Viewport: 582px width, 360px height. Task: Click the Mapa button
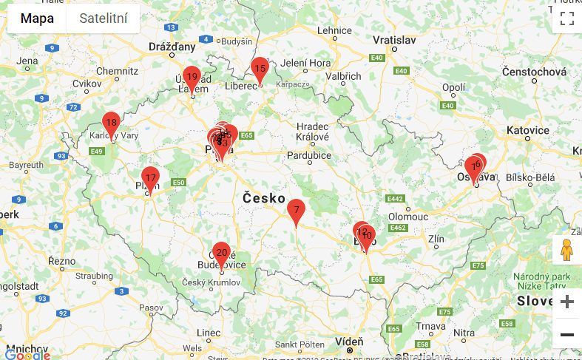pos(36,18)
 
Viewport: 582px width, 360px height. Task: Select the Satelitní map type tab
pos(103,18)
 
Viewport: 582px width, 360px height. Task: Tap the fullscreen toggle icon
pos(566,18)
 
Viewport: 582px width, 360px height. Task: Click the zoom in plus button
pos(566,302)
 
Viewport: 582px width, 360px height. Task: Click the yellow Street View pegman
pos(566,251)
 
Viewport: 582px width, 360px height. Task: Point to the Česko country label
pos(264,198)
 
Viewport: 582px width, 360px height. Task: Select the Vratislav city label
pos(393,39)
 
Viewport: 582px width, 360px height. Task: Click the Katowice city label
pos(528,130)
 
